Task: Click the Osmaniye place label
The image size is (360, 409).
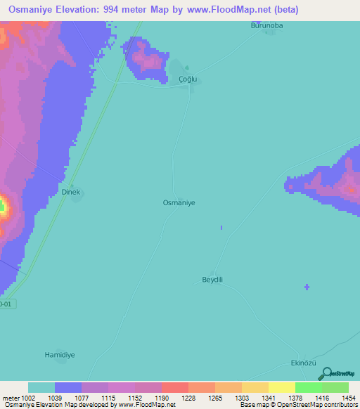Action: coord(179,202)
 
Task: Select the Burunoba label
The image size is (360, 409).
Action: coord(266,26)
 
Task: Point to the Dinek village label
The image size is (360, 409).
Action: coord(72,191)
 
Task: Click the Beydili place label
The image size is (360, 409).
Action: coord(212,279)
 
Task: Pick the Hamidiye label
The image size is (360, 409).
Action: coord(60,355)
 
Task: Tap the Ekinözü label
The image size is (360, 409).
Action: coord(304,363)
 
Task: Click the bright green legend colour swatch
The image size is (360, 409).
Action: coord(308,387)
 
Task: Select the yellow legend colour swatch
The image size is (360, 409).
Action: coord(281,387)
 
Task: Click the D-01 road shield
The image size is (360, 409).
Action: coord(6,304)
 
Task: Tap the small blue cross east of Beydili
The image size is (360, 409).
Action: coord(307,287)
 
